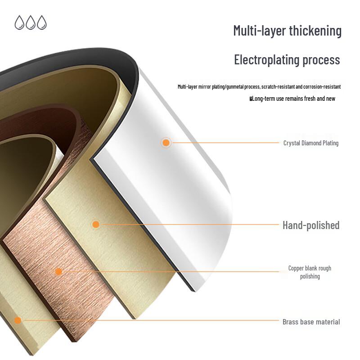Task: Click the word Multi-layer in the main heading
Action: [260, 31]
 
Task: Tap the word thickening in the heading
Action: [315, 31]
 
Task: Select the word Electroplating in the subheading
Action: [266, 60]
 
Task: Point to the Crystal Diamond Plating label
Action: [311, 143]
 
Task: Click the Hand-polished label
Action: [311, 225]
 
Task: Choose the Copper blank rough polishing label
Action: [310, 272]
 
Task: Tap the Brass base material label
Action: [311, 322]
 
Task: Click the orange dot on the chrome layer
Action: [166, 143]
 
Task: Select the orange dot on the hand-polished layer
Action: [96, 224]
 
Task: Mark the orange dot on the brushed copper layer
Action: [58, 272]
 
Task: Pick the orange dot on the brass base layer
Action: [18, 320]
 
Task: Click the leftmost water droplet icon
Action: [19, 22]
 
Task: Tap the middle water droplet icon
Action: [31, 22]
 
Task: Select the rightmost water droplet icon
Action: [42, 22]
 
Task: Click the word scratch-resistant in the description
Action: [278, 86]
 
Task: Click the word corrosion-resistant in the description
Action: [322, 86]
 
